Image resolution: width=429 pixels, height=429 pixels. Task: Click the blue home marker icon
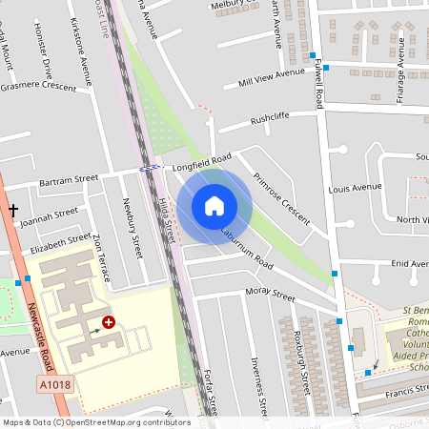click(214, 206)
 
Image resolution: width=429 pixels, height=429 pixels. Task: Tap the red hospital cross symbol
click(109, 323)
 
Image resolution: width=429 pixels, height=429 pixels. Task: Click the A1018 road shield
click(56, 384)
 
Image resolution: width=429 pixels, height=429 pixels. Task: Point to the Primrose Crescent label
click(282, 198)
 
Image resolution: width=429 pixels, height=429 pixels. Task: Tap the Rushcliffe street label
click(268, 121)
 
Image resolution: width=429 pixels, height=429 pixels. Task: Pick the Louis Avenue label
click(354, 188)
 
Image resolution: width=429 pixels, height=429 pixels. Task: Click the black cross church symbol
click(13, 208)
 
